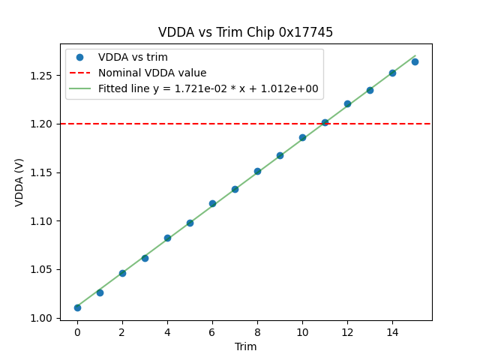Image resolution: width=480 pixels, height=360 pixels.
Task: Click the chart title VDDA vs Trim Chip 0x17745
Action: (x=245, y=32)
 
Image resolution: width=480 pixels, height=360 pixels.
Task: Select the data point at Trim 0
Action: (x=77, y=307)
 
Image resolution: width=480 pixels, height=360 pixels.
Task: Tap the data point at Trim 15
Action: (x=415, y=61)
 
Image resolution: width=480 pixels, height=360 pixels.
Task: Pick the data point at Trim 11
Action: (x=325, y=122)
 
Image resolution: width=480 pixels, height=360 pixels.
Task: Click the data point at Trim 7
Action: (x=235, y=189)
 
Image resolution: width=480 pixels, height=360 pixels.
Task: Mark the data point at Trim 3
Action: (x=145, y=258)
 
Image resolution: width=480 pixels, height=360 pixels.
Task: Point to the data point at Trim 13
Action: (x=370, y=90)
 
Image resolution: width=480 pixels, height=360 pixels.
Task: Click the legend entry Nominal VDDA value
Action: (x=152, y=73)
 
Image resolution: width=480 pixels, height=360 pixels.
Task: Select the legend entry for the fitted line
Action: (x=208, y=88)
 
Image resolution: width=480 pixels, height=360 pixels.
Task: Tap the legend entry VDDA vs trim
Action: (x=133, y=57)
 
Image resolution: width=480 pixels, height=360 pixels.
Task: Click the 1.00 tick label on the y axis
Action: (x=46, y=318)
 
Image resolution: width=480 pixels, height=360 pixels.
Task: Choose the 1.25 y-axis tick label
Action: (x=46, y=76)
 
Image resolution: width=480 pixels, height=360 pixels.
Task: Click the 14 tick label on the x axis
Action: (x=392, y=331)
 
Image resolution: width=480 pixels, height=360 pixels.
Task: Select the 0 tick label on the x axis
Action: (x=77, y=331)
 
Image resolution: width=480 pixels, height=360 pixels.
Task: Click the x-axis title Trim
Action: (x=245, y=346)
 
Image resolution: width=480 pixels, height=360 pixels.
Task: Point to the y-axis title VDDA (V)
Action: (x=19, y=182)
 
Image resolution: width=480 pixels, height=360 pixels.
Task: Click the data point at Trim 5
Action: (x=190, y=223)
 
